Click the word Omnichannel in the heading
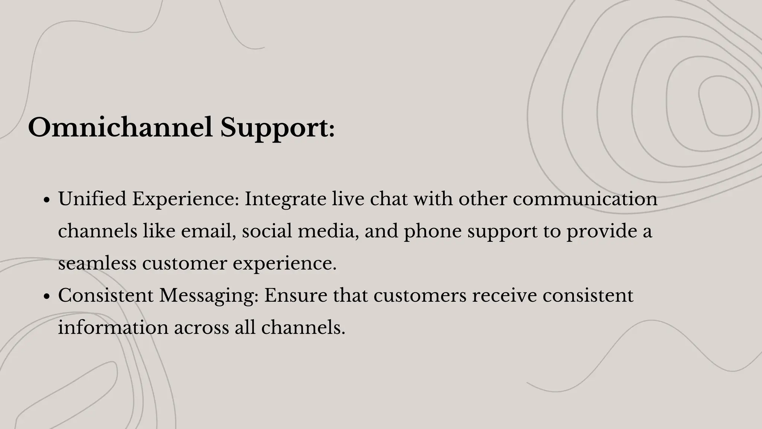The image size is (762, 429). [120, 128]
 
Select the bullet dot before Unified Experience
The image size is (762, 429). [47, 200]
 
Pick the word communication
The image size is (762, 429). [585, 198]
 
